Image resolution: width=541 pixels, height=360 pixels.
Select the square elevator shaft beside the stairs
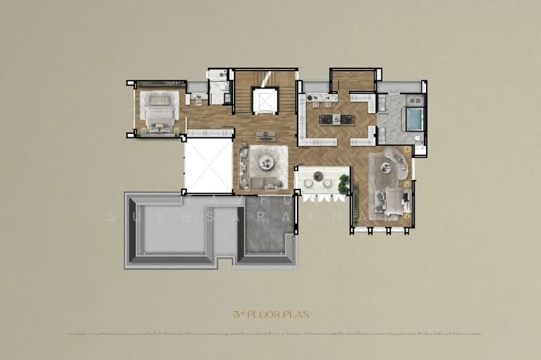pyautogui.click(x=265, y=101)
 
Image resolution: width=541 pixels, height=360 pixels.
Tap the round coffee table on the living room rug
pyautogui.click(x=264, y=162)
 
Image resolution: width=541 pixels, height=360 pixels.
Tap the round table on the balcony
pyautogui.click(x=318, y=177)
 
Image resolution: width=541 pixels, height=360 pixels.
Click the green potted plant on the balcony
pyautogui.click(x=344, y=181)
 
